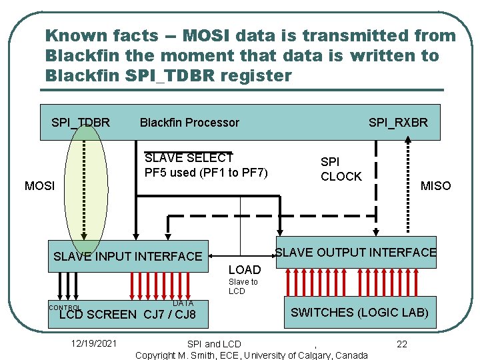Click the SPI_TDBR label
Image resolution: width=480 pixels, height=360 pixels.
tap(81, 123)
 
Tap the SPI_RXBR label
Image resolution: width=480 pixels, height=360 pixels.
tap(398, 123)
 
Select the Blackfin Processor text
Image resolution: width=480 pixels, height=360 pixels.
tap(189, 123)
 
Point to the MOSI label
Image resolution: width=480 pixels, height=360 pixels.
tap(40, 186)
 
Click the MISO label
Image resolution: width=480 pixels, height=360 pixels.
tap(435, 186)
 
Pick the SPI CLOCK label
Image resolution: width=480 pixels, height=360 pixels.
tap(341, 169)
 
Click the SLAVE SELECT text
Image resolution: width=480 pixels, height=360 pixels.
tap(189, 159)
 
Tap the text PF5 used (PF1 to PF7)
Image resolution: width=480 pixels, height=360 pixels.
tap(206, 173)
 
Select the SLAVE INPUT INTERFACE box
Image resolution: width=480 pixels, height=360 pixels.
tap(127, 256)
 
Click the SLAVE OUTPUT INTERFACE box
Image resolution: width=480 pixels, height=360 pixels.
tap(356, 253)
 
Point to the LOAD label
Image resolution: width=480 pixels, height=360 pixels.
tap(245, 270)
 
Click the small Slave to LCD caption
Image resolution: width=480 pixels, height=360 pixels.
tap(243, 287)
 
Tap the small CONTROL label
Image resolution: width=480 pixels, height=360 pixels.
tap(65, 308)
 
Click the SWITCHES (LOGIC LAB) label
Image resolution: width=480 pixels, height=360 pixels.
tap(359, 312)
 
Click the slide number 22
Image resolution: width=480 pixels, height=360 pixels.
tap(402, 344)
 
